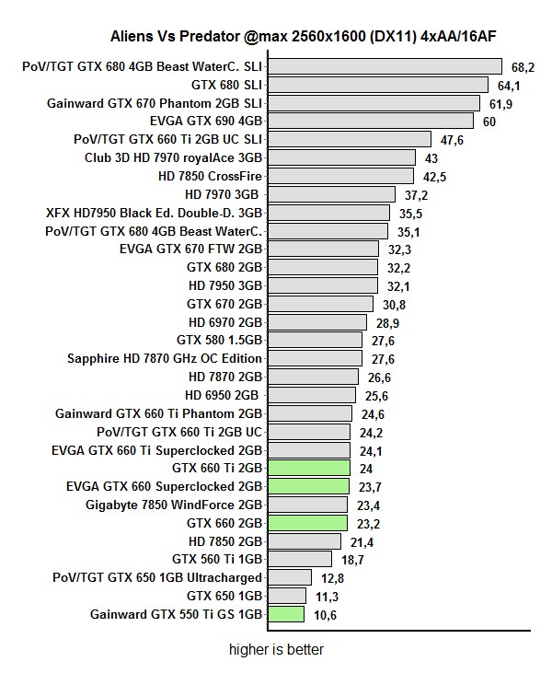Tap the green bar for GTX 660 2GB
click(x=307, y=523)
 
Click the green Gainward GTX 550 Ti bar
click(x=286, y=614)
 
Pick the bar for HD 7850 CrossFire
click(x=339, y=176)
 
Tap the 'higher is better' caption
click(x=276, y=649)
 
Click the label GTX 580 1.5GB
click(x=219, y=340)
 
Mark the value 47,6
click(x=452, y=140)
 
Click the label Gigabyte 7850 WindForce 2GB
click(x=174, y=505)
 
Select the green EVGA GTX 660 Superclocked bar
click(x=308, y=486)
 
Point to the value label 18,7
click(x=352, y=559)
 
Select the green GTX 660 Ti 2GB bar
click(x=309, y=468)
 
